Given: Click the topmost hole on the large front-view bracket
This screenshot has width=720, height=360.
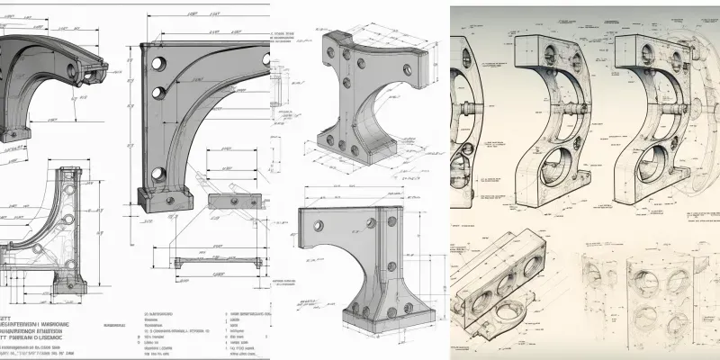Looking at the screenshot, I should (159, 64).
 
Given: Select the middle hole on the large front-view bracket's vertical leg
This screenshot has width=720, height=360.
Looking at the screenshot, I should (159, 92).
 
